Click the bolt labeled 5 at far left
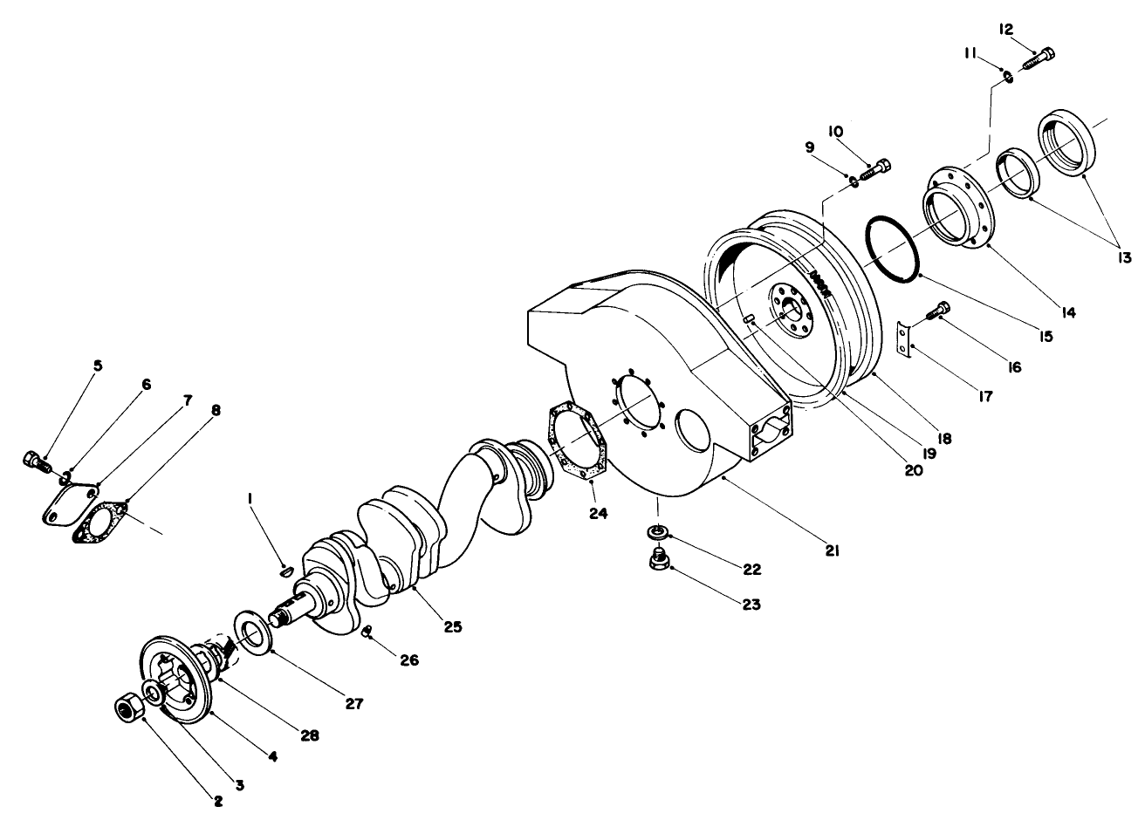[34, 460]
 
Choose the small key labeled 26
[367, 630]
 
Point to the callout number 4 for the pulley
[272, 757]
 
